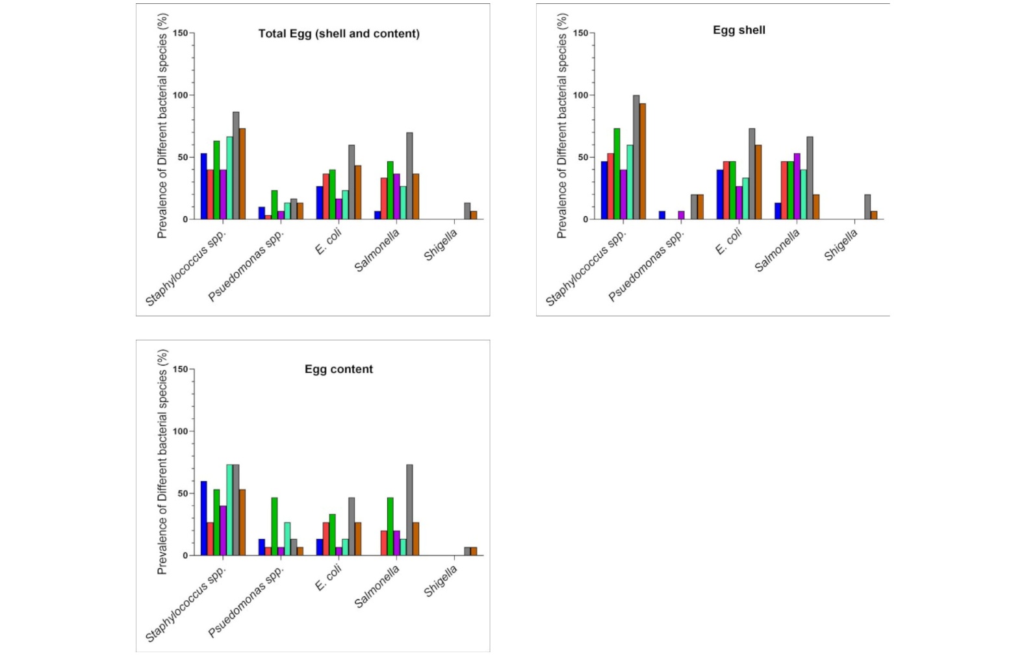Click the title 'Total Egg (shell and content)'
pos(339,34)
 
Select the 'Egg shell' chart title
pos(739,30)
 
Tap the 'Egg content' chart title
pos(339,369)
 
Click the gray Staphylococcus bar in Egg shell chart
pos(636,157)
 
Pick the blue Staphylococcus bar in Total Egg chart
pos(204,186)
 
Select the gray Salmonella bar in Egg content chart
pos(409,510)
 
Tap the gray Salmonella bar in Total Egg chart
pos(409,176)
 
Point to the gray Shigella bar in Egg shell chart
pos(867,207)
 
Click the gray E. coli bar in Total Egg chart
pos(352,182)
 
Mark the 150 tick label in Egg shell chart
pos(581,33)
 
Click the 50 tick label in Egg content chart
pos(183,494)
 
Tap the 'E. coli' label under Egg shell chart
pos(728,242)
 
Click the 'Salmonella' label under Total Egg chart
pos(378,251)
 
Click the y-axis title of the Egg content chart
pos(162,462)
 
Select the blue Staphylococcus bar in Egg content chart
pos(204,518)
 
